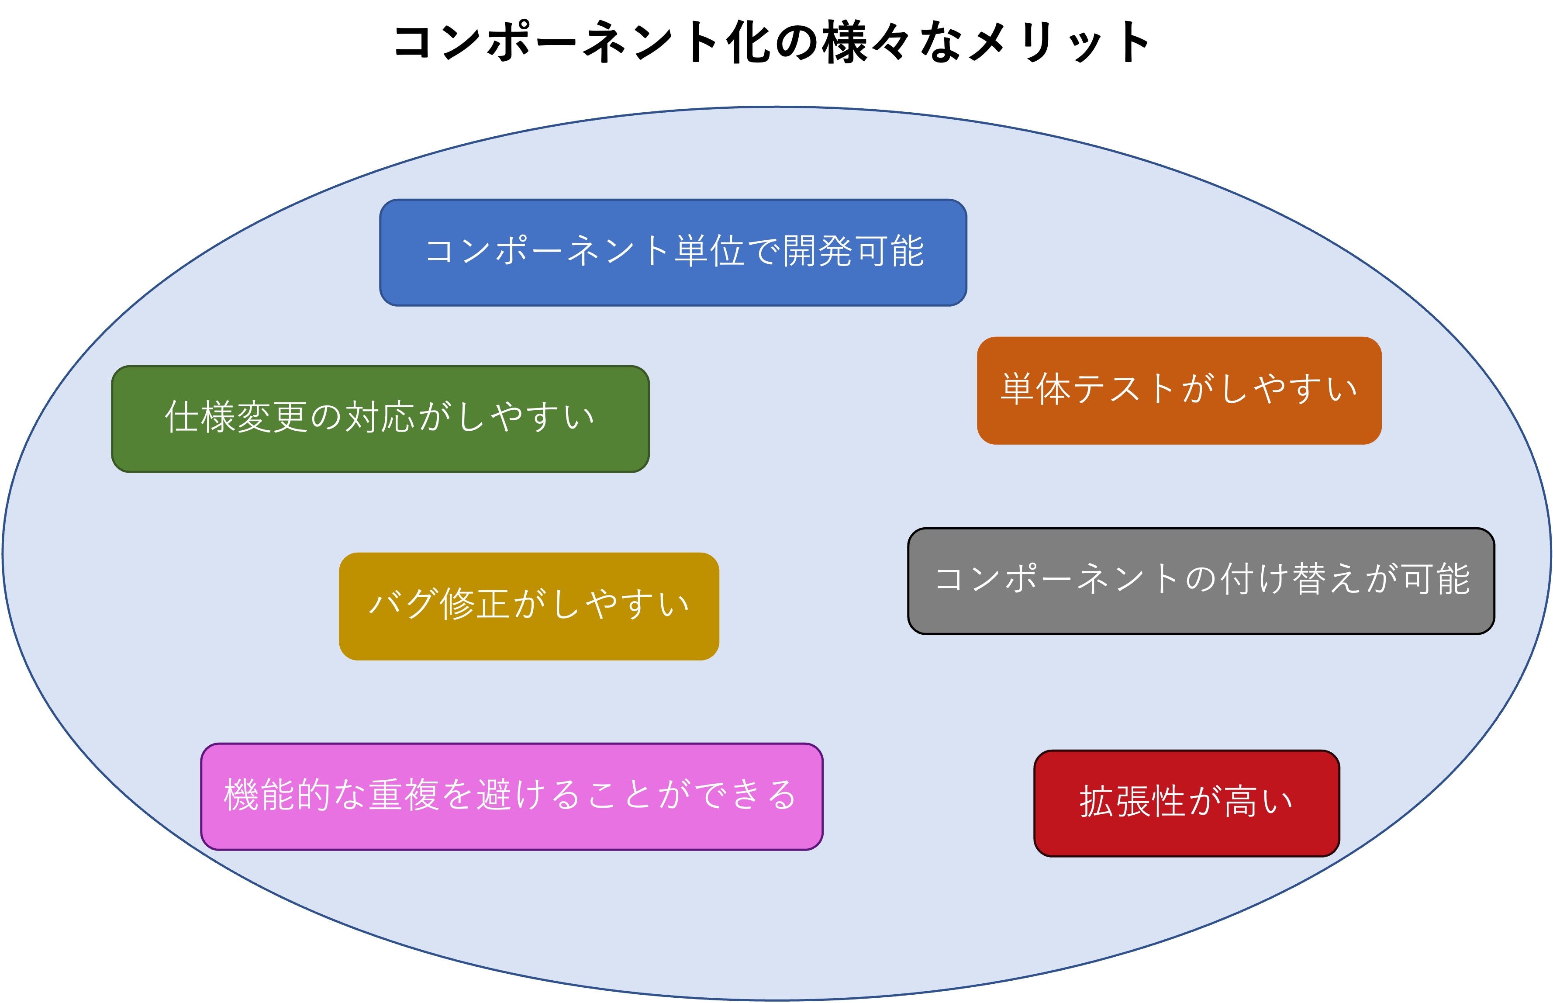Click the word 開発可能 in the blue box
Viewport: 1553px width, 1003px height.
tap(853, 251)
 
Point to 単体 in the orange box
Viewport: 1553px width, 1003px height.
tap(1035, 390)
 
